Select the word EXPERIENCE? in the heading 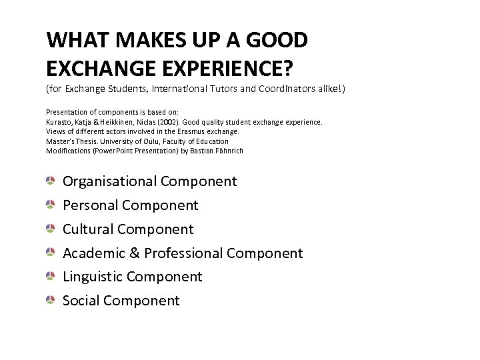pos(222,67)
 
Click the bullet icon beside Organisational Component pos(51,181)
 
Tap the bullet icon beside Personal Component pos(51,205)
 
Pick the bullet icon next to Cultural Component pos(51,229)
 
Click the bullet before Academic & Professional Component pos(51,253)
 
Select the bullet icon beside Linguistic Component pos(51,277)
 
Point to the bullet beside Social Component pos(51,301)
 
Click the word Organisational pos(110,181)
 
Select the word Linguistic pos(92,277)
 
